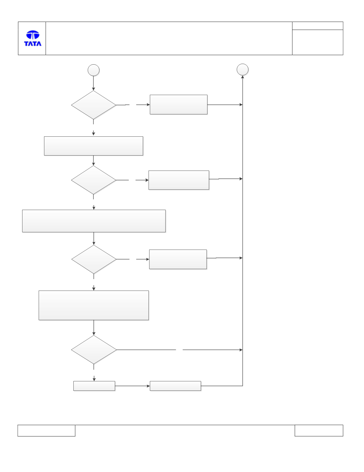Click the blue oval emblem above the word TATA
tap(33, 35)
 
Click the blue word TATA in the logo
tap(33, 44)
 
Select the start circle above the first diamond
tap(94, 70)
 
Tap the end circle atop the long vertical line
tap(243, 70)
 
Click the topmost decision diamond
tap(94, 105)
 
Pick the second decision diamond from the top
tap(94, 180)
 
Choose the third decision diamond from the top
tap(94, 259)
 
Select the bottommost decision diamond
tap(94, 350)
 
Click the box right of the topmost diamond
tap(178, 105)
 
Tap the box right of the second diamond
tap(179, 180)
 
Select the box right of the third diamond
tap(178, 259)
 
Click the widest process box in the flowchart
tap(94, 221)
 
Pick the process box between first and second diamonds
tap(94, 146)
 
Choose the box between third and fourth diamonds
tap(94, 305)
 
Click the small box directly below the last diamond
tap(94, 386)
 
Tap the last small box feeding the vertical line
tap(175, 386)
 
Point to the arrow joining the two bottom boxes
tap(132, 386)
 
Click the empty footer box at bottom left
tap(46, 431)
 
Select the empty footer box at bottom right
tap(319, 431)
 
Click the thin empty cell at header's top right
tap(318, 26)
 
